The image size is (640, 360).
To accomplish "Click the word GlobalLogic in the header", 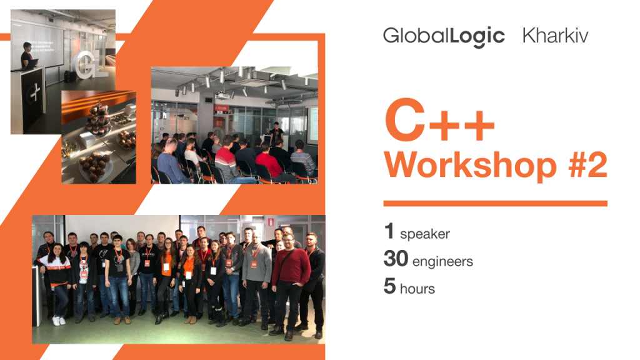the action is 444,37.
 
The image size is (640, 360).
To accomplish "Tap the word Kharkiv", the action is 555,36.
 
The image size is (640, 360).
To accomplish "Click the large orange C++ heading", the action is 439,120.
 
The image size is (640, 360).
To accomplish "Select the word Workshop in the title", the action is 470,165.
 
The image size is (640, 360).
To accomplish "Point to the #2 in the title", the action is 587,164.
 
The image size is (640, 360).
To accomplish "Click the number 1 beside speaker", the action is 389,231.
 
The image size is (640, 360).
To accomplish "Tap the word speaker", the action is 425,234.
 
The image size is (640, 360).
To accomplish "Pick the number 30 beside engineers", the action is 396,258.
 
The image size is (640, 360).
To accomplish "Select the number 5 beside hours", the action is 390,286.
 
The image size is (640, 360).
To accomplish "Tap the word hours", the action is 417,289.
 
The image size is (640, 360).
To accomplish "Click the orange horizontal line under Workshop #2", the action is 496,203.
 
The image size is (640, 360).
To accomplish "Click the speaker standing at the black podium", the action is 27,56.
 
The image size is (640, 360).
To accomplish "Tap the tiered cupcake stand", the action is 98,118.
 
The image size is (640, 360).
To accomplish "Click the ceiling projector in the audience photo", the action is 223,96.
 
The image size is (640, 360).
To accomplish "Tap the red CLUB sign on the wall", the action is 221,109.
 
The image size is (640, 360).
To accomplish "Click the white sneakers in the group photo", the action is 59,321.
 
